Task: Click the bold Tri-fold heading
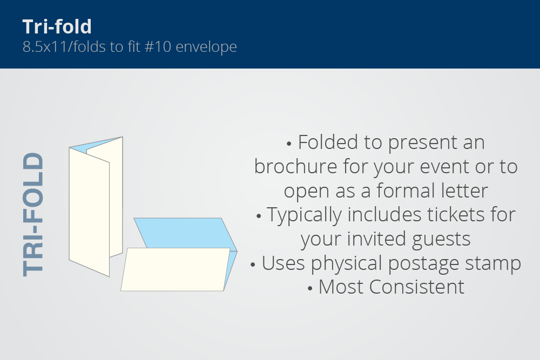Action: (x=57, y=26)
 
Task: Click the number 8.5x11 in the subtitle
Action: (x=45, y=46)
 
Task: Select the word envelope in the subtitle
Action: (x=206, y=47)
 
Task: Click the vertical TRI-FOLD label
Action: (x=33, y=214)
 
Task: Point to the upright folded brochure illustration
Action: (x=96, y=207)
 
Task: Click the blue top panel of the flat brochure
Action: (x=183, y=233)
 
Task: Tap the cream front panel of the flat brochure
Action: (x=175, y=269)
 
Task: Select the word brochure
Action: (x=295, y=167)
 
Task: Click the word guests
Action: (x=441, y=240)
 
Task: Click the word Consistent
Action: (x=417, y=287)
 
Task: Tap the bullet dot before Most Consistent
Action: (x=310, y=288)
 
